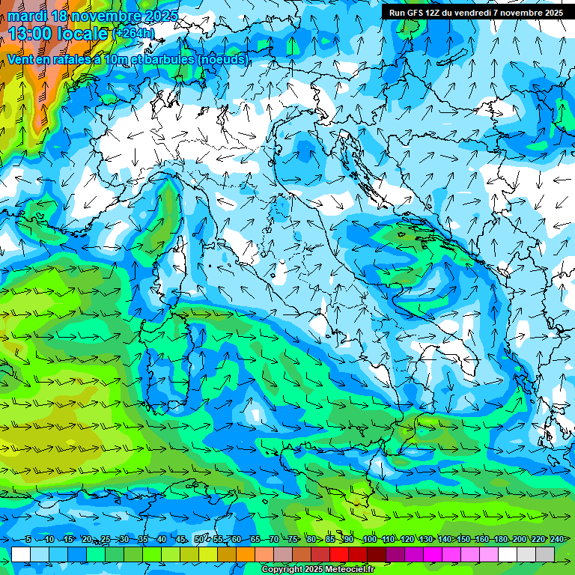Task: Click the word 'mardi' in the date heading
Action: (25, 15)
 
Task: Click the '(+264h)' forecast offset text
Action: (133, 33)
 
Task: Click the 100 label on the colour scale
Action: (369, 539)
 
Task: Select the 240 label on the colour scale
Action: (557, 539)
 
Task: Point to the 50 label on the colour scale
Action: (198, 539)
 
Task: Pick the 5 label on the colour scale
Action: (28, 539)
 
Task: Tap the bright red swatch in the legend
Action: (339, 554)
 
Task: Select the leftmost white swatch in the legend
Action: (21, 554)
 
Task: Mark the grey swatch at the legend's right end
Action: (545, 554)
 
